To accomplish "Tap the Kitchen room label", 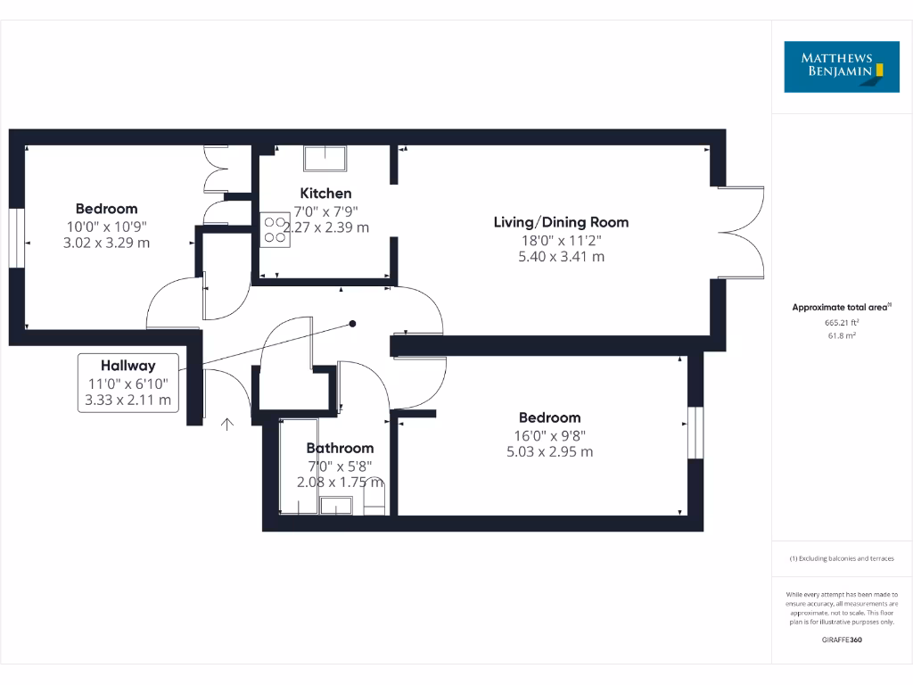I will pyautogui.click(x=325, y=194).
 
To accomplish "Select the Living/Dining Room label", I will pyautogui.click(x=561, y=222).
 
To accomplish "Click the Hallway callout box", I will pyautogui.click(x=128, y=383).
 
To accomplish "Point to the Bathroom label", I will pyautogui.click(x=340, y=448).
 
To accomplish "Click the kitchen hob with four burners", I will pyautogui.click(x=273, y=229).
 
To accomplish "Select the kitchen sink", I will pyautogui.click(x=326, y=158).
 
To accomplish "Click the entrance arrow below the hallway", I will pyautogui.click(x=227, y=424).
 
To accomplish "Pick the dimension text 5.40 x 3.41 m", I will pyautogui.click(x=561, y=257).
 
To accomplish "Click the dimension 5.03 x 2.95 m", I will pyautogui.click(x=549, y=452).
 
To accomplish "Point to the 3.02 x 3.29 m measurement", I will pyautogui.click(x=106, y=243).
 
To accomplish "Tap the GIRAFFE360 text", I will pyautogui.click(x=842, y=640).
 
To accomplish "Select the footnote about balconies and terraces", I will pyautogui.click(x=842, y=558).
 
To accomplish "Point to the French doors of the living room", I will pyautogui.click(x=743, y=232).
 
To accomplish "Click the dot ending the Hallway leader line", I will pyautogui.click(x=353, y=324).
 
